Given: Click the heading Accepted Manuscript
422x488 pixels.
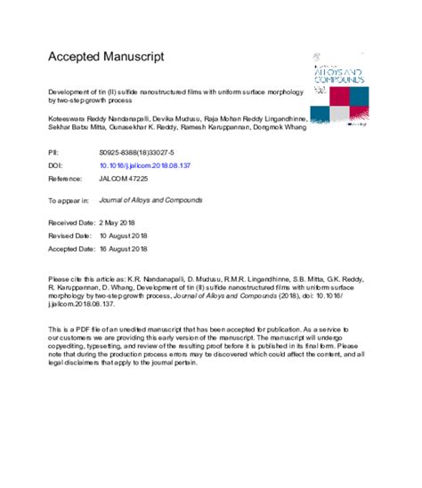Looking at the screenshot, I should (106, 57).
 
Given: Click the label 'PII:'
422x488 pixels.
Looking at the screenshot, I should (53, 155).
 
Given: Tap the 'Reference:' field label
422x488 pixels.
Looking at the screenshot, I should (64, 178).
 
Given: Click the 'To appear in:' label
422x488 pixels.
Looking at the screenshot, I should (68, 201).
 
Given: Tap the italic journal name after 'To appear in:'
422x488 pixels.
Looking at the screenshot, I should (162, 201).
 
